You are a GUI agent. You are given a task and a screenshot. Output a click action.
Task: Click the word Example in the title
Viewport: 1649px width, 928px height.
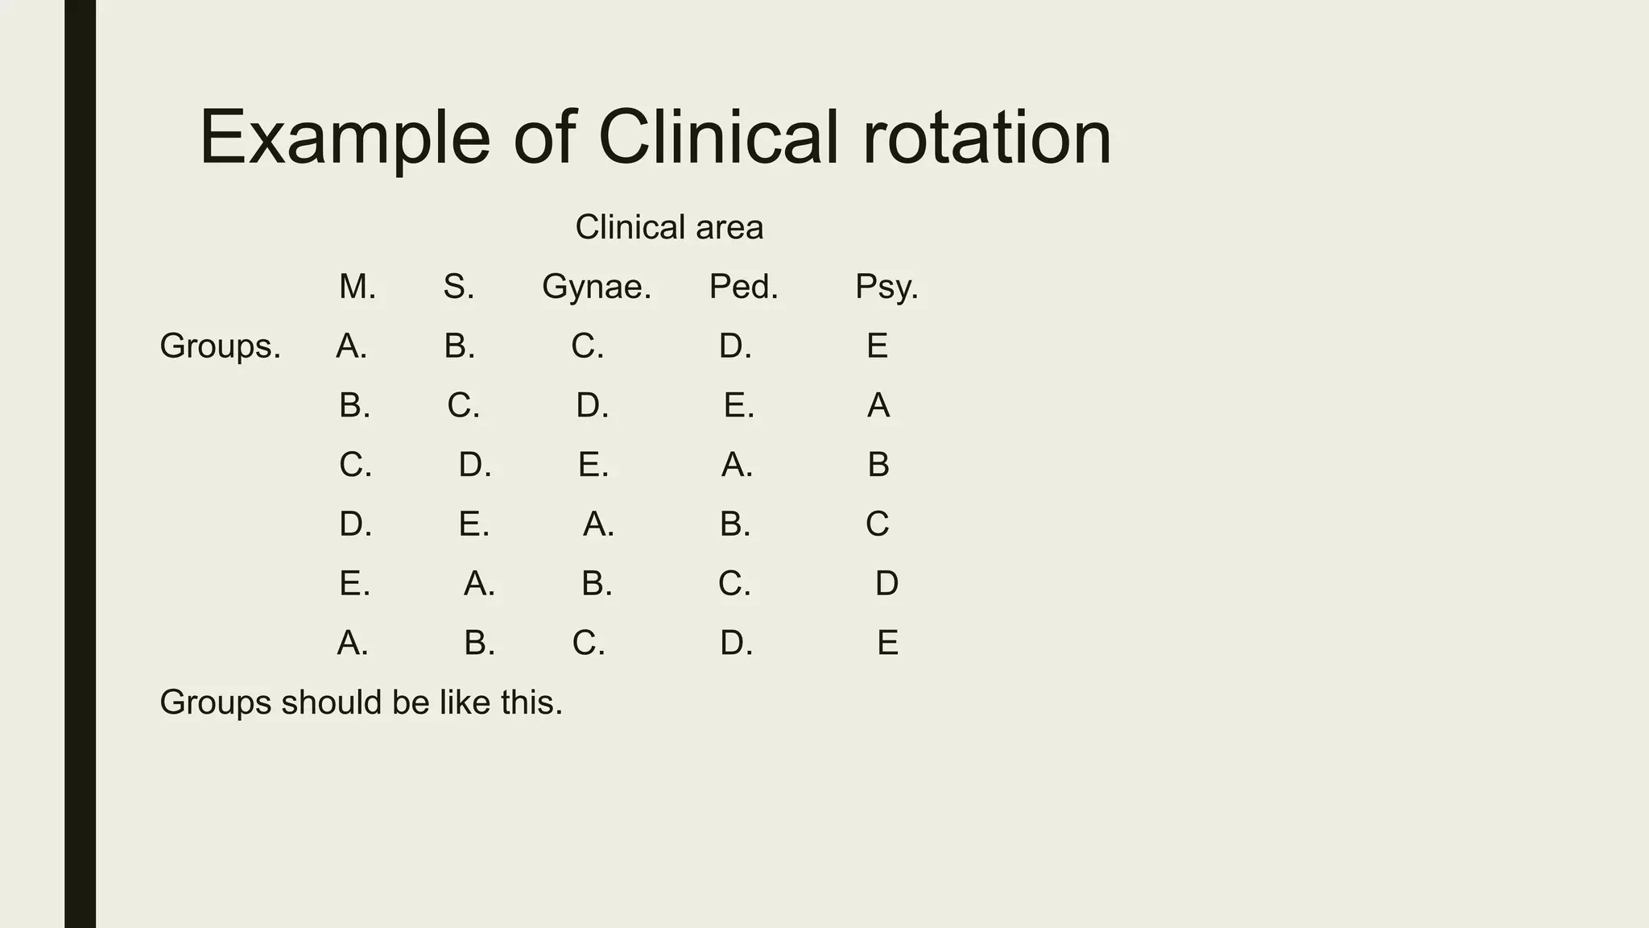345,139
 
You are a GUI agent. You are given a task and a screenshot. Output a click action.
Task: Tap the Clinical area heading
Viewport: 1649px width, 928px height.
668,227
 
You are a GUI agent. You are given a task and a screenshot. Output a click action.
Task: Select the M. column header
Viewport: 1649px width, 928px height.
357,287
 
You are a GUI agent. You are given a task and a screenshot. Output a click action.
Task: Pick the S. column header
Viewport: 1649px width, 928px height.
458,287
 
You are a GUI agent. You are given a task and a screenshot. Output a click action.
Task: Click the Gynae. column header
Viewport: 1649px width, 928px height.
596,287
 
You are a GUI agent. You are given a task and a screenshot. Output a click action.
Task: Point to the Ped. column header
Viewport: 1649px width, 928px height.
743,287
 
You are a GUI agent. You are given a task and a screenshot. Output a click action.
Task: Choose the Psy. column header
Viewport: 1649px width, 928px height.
886,287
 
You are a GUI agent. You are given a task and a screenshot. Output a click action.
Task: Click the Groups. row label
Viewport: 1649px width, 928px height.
220,346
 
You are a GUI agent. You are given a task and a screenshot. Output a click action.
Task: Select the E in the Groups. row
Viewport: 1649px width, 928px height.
877,346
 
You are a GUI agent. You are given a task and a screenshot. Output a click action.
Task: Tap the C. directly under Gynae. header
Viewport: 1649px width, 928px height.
587,346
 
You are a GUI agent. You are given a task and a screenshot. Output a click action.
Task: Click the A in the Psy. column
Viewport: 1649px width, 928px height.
878,405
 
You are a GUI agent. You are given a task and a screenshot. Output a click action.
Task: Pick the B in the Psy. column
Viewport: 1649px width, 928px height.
878,465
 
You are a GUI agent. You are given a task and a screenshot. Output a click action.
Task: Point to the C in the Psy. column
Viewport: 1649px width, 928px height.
877,524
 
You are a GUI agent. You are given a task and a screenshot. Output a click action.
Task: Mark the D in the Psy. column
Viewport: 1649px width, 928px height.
886,583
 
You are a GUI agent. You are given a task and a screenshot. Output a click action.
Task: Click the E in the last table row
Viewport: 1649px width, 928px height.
886,643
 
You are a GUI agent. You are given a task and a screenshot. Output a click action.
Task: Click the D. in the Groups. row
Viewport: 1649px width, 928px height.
734,346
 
